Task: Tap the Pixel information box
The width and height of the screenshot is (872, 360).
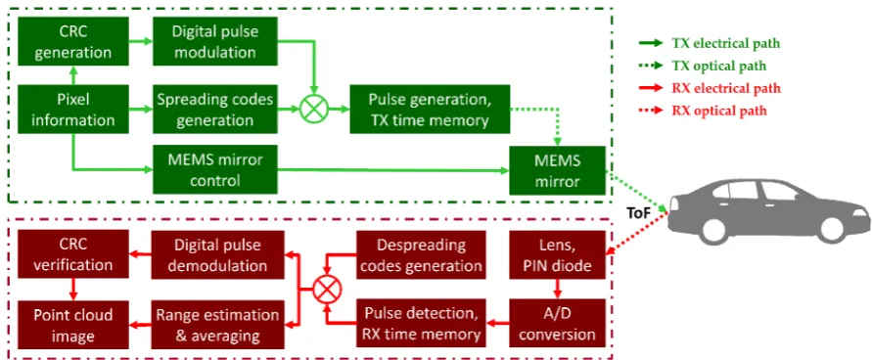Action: tap(73, 110)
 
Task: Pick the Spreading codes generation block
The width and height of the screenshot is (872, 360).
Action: tap(215, 110)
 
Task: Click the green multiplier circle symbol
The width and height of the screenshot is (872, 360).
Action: tap(314, 109)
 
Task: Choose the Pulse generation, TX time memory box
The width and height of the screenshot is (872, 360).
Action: tap(430, 110)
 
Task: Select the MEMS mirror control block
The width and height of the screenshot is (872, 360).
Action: tap(214, 169)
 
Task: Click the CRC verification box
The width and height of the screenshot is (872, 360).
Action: tap(73, 254)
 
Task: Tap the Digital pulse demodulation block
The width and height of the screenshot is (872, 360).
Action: tap(218, 254)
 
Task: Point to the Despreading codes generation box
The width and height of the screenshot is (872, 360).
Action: tap(421, 254)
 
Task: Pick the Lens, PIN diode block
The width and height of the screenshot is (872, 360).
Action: tap(557, 254)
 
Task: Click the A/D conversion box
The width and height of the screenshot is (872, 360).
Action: tap(557, 324)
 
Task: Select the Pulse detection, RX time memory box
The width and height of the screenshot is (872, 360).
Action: tap(421, 324)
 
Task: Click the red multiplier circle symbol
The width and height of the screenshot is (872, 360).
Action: tap(327, 290)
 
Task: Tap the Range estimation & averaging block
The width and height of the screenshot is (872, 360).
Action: tap(218, 325)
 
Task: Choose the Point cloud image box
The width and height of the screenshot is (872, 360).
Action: tap(73, 325)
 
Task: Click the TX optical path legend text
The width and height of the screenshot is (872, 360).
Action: tap(719, 66)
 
